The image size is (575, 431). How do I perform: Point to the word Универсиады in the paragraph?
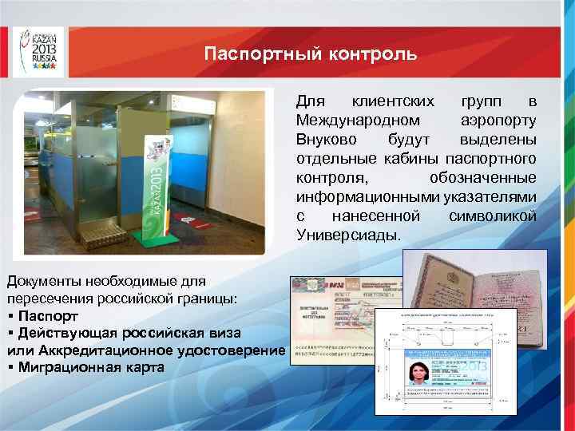click(348, 235)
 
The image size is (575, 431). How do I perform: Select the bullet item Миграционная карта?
click(89, 368)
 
